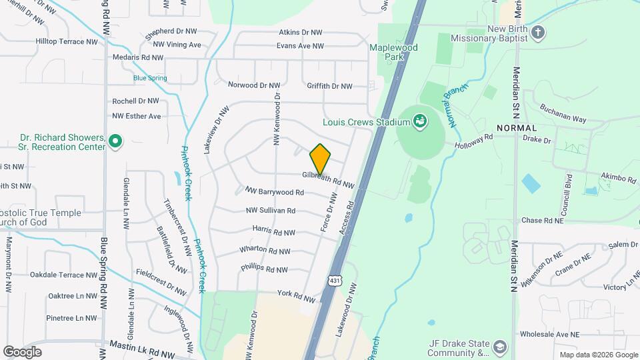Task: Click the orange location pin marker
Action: [321, 159]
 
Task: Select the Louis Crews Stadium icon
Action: [420, 121]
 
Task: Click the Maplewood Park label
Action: [394, 53]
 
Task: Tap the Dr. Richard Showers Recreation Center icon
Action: [115, 141]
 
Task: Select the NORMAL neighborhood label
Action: [517, 127]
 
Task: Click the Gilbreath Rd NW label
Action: [327, 179]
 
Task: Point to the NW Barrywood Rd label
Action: [275, 192]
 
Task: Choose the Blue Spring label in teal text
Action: [150, 78]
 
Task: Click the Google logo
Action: [22, 351]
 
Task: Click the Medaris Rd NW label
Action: [138, 57]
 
